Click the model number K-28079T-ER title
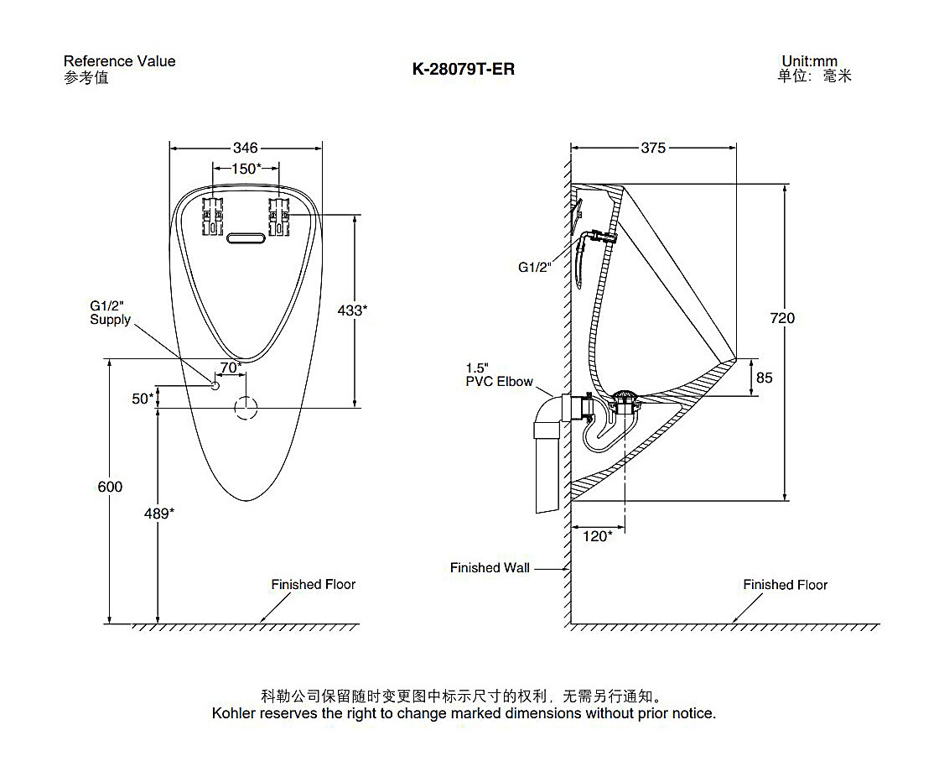[464, 70]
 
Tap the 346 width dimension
[246, 148]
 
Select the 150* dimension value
[246, 169]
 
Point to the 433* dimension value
[352, 310]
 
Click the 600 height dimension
[110, 487]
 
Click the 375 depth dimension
[653, 148]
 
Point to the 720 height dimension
[783, 318]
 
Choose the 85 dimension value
[764, 378]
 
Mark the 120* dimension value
[598, 536]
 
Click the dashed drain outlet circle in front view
[246, 408]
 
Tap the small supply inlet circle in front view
[215, 386]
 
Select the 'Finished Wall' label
[490, 568]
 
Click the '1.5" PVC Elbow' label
[499, 375]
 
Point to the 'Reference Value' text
[119, 61]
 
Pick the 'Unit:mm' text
[809, 61]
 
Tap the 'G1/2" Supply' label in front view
[110, 312]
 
